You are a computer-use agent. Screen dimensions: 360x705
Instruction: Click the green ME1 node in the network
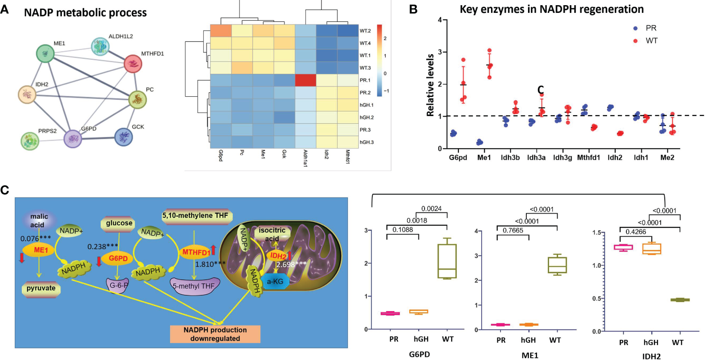click(45, 54)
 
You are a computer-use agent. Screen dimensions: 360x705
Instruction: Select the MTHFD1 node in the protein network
click(133, 64)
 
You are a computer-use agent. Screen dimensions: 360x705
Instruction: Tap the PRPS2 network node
click(30, 140)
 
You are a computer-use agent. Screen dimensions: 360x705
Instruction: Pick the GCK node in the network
click(124, 137)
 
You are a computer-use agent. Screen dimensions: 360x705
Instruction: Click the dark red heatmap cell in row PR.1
click(305, 80)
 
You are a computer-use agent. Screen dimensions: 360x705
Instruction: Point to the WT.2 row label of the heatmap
click(365, 31)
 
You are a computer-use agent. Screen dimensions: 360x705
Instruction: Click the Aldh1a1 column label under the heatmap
click(305, 158)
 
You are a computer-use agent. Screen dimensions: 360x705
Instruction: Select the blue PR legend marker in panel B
click(635, 28)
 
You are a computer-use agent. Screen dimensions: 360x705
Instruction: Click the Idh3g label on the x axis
click(562, 158)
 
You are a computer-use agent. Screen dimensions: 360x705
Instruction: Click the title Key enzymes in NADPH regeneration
click(552, 9)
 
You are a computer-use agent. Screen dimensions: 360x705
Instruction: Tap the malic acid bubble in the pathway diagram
click(39, 220)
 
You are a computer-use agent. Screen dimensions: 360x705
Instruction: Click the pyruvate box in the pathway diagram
click(41, 288)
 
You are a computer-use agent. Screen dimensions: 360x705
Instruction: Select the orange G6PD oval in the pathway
click(118, 258)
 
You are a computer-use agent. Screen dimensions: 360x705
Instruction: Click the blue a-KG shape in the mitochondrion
click(275, 282)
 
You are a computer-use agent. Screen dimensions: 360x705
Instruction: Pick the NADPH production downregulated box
click(215, 334)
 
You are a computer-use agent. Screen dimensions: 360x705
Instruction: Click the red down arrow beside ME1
click(22, 258)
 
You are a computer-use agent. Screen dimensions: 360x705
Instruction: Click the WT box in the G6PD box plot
click(447, 261)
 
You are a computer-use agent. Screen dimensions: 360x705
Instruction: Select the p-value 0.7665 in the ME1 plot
click(513, 231)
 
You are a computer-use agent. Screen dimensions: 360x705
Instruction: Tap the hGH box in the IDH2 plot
click(651, 249)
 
